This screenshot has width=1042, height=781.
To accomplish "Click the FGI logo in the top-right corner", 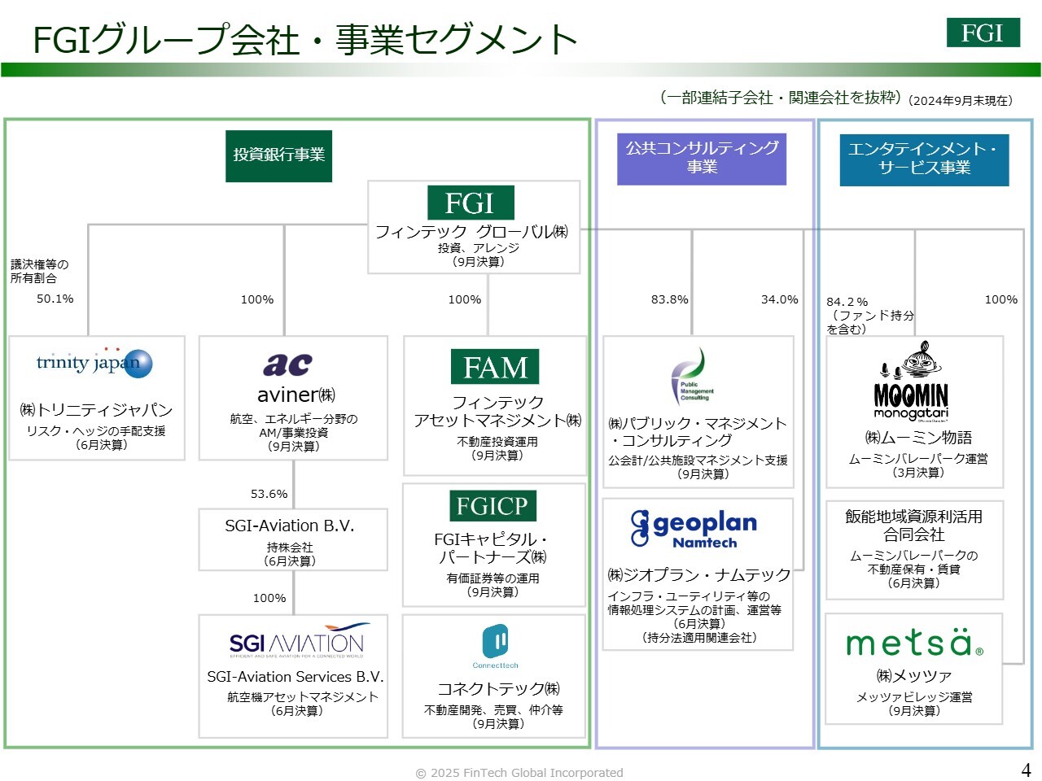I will coord(983,33).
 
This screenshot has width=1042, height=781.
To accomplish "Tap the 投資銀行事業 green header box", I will coord(278,155).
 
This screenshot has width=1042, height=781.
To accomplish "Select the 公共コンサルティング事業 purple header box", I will coord(702,158).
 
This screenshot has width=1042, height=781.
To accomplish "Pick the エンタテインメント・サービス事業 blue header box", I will coord(924,159).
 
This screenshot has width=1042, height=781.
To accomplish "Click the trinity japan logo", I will coord(94,363).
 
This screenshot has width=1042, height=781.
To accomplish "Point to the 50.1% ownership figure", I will coord(55,299).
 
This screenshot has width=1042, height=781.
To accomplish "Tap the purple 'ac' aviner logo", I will coord(287,364).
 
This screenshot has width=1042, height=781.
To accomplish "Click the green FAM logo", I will coord(495,367).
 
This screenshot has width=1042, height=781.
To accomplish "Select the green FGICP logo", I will coord(492,506).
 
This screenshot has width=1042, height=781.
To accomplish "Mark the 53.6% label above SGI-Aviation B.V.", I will coord(269,494).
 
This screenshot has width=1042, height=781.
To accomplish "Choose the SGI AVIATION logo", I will coord(297,641).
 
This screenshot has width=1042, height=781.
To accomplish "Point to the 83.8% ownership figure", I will coord(669,299).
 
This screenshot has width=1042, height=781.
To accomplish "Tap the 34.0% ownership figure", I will coord(779,299).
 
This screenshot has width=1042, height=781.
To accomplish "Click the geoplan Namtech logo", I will coord(694,529).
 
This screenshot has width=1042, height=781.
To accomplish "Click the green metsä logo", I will coord(914,643).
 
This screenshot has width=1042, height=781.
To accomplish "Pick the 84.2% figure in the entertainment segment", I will coord(847,302).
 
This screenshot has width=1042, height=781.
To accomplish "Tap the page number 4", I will coord(1026,770).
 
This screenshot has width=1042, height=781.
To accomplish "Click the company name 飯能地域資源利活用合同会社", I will coord(913,526).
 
